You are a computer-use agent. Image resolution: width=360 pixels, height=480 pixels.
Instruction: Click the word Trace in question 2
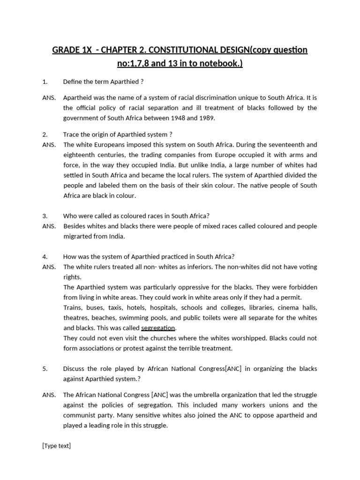pyautogui.click(x=72, y=135)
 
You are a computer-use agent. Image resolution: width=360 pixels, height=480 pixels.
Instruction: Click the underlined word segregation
pyautogui.click(x=158, y=328)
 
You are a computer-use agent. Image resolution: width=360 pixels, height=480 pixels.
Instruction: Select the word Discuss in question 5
pyautogui.click(x=75, y=369)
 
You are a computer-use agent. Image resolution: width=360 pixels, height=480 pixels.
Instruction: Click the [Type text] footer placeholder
pyautogui.click(x=56, y=446)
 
